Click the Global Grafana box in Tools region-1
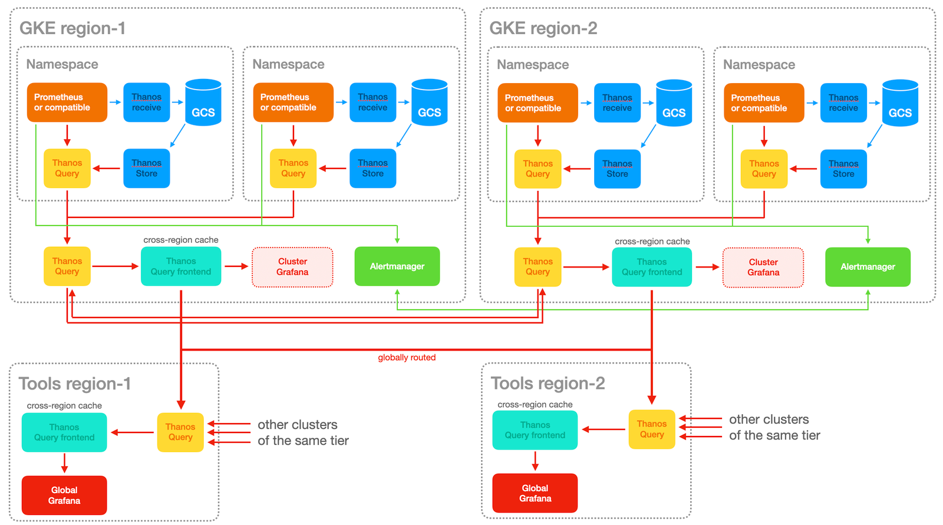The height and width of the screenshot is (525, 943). [64, 495]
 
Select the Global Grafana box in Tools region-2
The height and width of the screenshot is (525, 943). [535, 493]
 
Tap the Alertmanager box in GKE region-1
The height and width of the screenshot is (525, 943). [397, 266]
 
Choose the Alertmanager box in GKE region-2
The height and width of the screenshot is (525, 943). [868, 267]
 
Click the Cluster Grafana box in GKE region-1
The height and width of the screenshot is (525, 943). [292, 267]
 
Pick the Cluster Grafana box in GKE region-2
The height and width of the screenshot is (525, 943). [763, 268]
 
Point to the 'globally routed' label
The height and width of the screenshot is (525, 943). [407, 358]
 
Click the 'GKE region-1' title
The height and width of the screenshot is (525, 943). [72, 28]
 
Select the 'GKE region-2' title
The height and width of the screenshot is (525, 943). [543, 28]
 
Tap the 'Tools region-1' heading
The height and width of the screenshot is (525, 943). [75, 384]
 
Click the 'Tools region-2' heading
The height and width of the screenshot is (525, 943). [548, 383]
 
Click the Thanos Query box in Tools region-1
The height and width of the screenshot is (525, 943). [180, 432]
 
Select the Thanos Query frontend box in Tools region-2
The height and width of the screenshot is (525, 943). [535, 430]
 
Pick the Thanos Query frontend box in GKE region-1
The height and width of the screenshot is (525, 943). [181, 266]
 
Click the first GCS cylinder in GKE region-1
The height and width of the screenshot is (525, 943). [203, 103]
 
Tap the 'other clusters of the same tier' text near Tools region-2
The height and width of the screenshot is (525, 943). [774, 427]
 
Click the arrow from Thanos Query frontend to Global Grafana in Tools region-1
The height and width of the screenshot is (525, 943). [64, 463]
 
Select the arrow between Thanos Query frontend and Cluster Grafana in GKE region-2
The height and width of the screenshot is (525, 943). [707, 267]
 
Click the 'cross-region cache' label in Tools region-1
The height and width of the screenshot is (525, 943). [64, 405]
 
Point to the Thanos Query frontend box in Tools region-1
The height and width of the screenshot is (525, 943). [64, 432]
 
